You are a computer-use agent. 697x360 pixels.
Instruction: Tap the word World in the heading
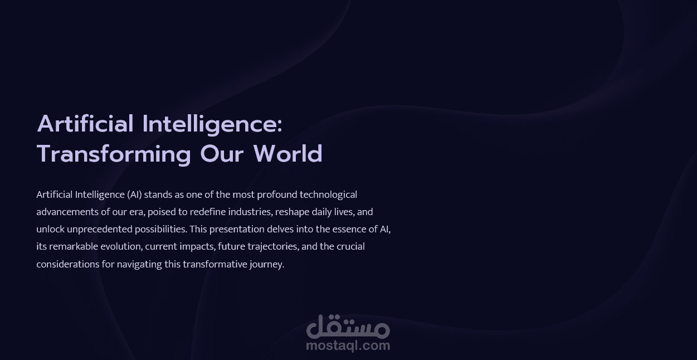point(288,154)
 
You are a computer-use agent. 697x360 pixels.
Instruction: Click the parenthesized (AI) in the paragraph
point(135,194)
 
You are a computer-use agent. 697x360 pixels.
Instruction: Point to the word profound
point(277,194)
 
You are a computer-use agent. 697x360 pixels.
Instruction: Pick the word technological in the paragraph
point(328,194)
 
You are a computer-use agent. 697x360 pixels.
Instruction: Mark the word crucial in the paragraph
point(350,246)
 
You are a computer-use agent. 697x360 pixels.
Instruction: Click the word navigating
point(139,264)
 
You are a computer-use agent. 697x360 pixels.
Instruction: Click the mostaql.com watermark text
point(348,346)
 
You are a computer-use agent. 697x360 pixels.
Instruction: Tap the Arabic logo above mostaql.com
point(348,327)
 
